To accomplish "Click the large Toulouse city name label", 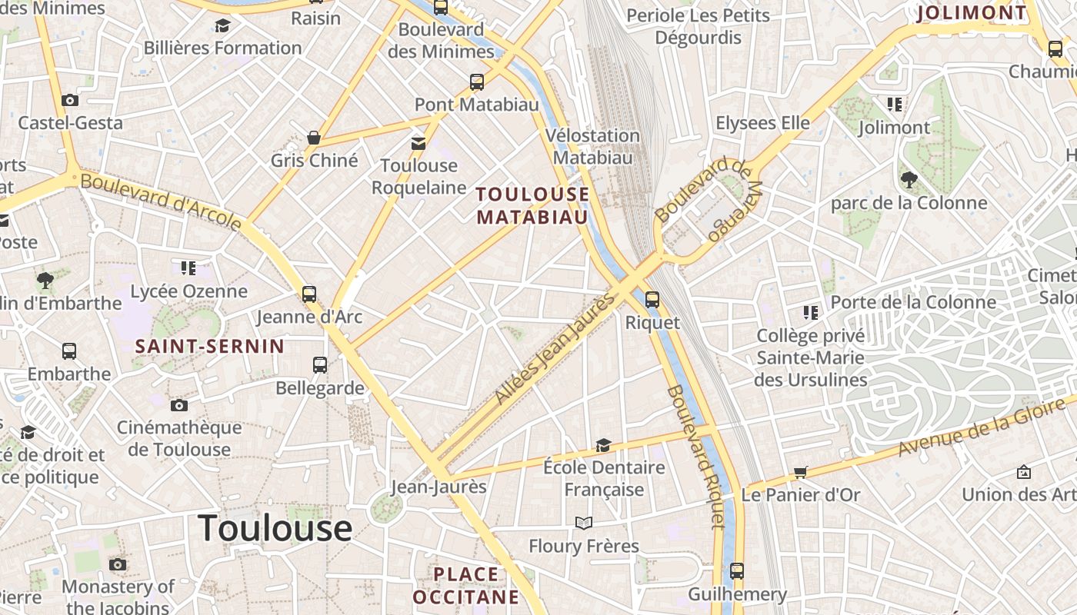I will click(275, 529).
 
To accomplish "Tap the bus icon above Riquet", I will click(652, 299).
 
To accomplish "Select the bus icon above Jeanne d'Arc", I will click(309, 294).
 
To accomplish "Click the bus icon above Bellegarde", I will click(320, 365).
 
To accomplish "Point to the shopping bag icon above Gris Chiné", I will click(314, 138).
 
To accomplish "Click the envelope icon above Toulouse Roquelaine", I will click(418, 143).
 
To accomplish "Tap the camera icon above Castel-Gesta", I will click(70, 100).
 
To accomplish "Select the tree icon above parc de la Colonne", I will click(909, 180).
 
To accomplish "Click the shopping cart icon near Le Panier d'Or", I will click(801, 472).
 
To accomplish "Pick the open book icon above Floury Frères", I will click(584, 524).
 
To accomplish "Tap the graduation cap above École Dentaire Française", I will click(604, 445).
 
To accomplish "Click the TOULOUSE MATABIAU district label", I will click(532, 205).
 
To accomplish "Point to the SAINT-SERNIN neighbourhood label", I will click(210, 347).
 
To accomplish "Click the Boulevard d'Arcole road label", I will click(161, 201).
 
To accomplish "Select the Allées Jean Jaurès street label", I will click(555, 347).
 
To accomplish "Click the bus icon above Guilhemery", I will click(737, 571).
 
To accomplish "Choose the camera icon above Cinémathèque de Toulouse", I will click(179, 405).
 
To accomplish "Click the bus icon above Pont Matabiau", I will click(477, 81).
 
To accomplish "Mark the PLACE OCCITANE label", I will click(466, 585).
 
